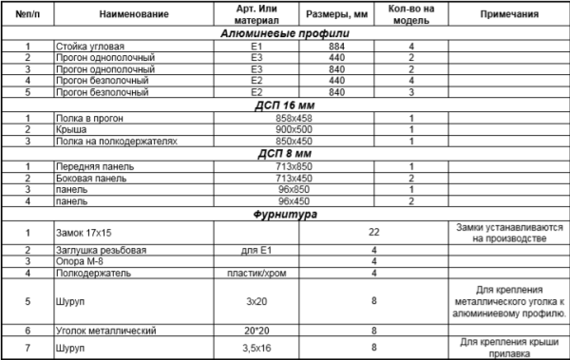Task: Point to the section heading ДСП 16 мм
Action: coord(284,104)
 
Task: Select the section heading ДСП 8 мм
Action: coord(284,152)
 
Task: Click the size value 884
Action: coord(335,46)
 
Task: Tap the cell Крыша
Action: coord(72,128)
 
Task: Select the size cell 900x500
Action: coord(335,128)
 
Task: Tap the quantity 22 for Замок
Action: coord(374,232)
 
